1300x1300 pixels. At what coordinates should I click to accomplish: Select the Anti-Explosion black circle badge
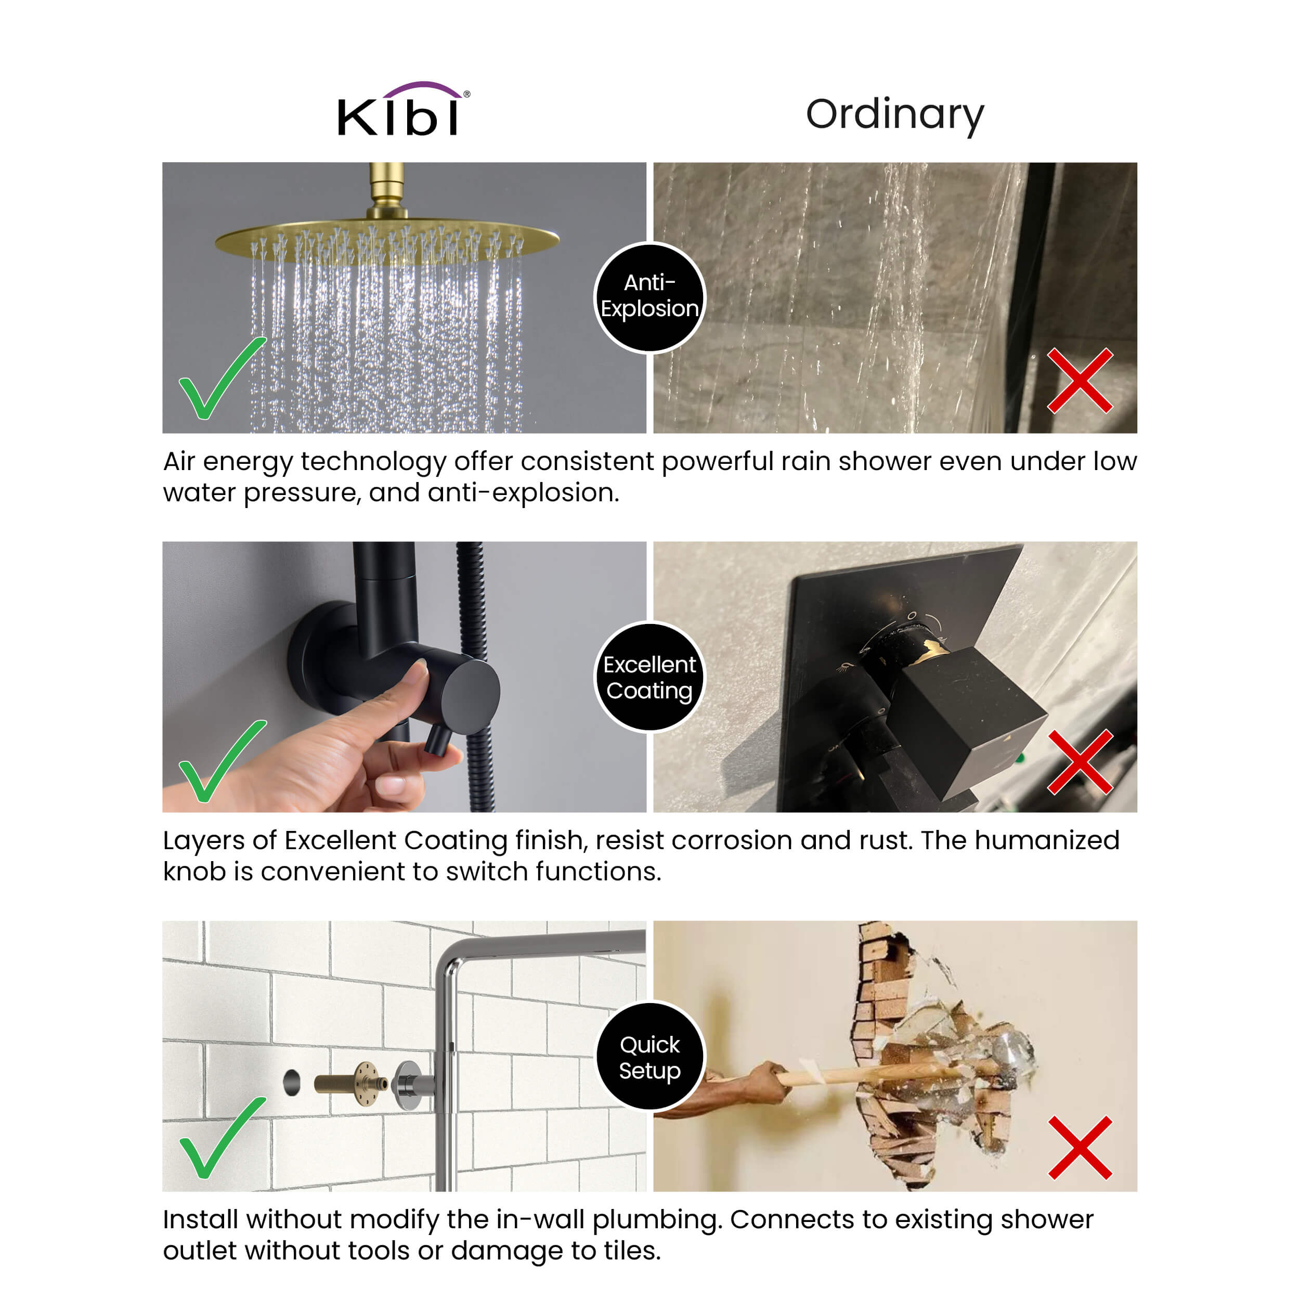(650, 297)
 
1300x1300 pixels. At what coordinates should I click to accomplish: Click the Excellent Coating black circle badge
(650, 677)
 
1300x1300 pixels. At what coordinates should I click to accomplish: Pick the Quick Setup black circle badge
(650, 1057)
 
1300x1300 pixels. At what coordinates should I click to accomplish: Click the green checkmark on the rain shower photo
(222, 378)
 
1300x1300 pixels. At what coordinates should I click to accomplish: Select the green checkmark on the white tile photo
(222, 1138)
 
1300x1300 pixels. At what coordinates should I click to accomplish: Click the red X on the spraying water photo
(1080, 380)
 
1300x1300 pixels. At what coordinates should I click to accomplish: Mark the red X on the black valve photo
(1080, 762)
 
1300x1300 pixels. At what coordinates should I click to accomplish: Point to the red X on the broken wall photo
(1080, 1148)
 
